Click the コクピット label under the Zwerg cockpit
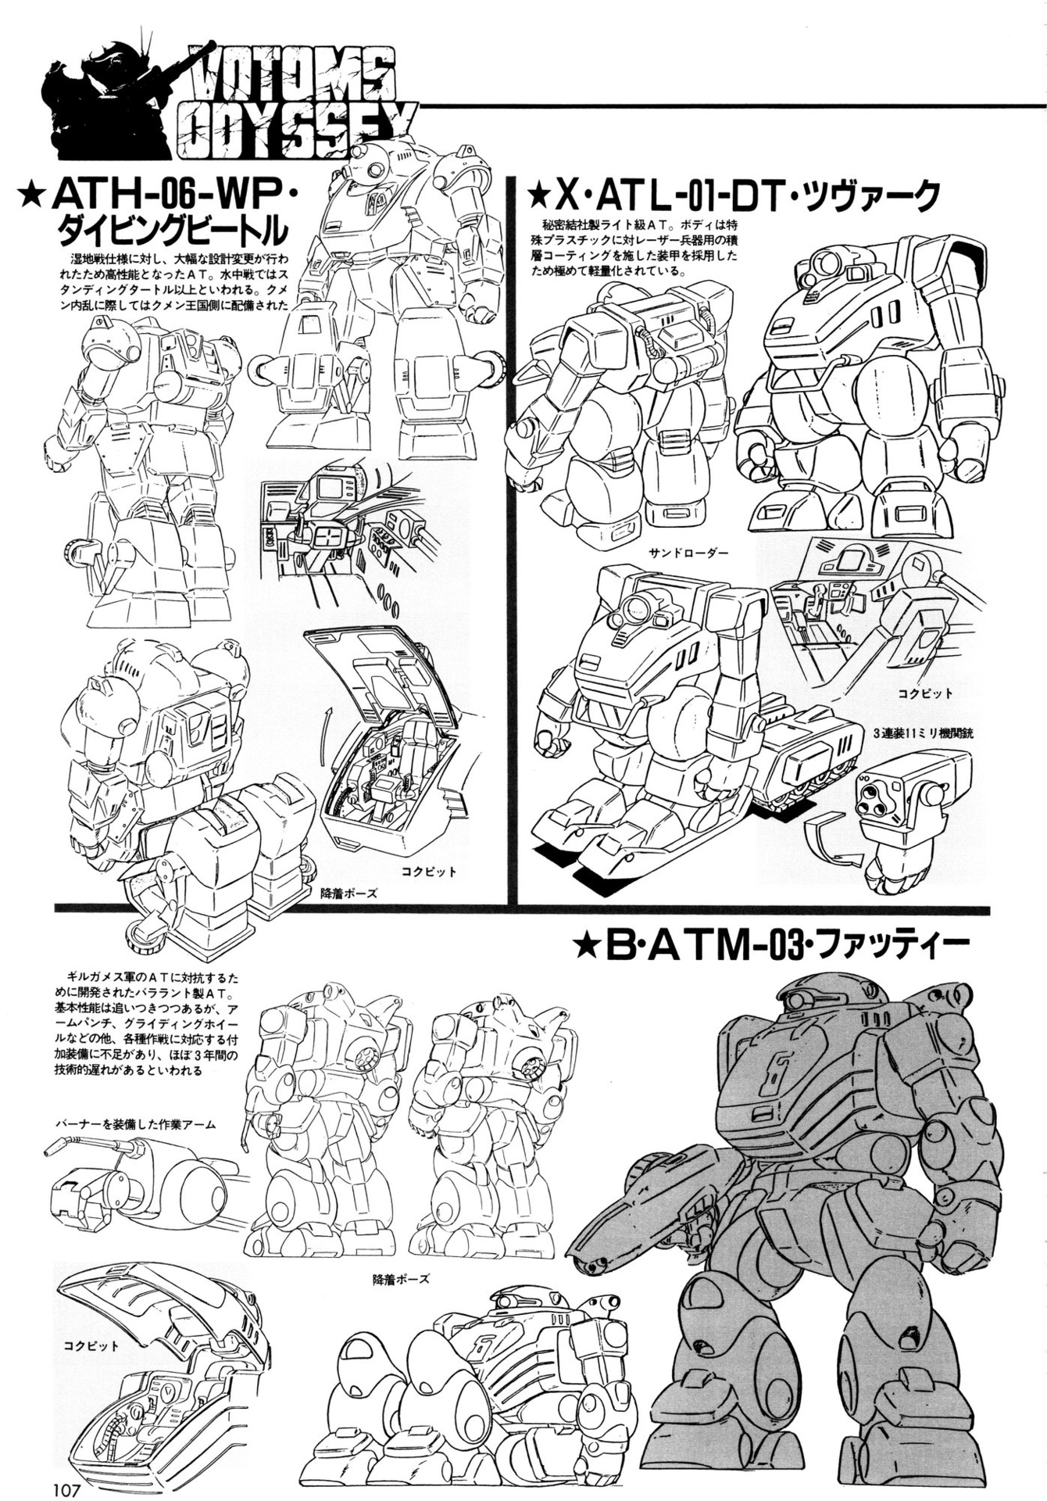[925, 693]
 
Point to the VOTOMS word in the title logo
[294, 77]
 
